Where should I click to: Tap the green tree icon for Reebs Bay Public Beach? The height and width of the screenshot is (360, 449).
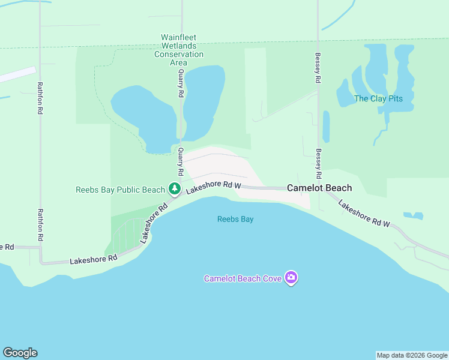(175, 189)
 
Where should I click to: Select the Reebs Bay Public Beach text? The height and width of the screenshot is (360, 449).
(120, 190)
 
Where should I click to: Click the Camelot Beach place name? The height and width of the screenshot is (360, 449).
(319, 188)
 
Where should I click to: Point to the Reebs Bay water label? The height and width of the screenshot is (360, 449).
(235, 219)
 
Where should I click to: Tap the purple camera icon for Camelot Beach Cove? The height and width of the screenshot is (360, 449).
(291, 277)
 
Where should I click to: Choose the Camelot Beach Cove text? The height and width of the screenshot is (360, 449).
(243, 278)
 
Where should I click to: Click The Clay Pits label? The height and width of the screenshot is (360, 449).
(378, 98)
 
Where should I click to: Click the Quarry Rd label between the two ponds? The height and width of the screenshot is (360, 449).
(180, 82)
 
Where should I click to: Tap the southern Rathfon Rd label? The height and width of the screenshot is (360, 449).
(40, 225)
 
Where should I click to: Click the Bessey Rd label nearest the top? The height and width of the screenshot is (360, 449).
(318, 68)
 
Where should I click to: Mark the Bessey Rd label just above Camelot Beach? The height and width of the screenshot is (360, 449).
(319, 163)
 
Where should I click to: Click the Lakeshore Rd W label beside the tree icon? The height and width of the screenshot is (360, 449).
(213, 188)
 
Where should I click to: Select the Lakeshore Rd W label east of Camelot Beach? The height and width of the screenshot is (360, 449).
(364, 214)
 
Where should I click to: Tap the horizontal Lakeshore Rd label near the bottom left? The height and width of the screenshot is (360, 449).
(93, 260)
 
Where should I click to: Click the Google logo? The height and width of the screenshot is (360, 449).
(20, 353)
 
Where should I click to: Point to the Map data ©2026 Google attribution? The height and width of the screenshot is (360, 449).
(412, 355)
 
